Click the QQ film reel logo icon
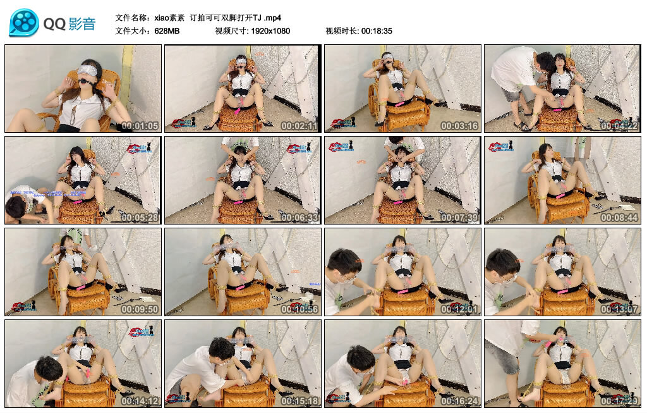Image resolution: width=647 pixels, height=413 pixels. coord(24,23)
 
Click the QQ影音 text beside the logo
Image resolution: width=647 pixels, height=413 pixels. coord(70,24)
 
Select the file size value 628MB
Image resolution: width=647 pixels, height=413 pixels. coord(167,31)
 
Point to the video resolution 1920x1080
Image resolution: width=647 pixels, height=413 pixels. coord(270,31)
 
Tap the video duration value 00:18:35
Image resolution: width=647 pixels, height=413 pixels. coord(377,31)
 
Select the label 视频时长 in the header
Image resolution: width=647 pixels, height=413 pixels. coord(341,31)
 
